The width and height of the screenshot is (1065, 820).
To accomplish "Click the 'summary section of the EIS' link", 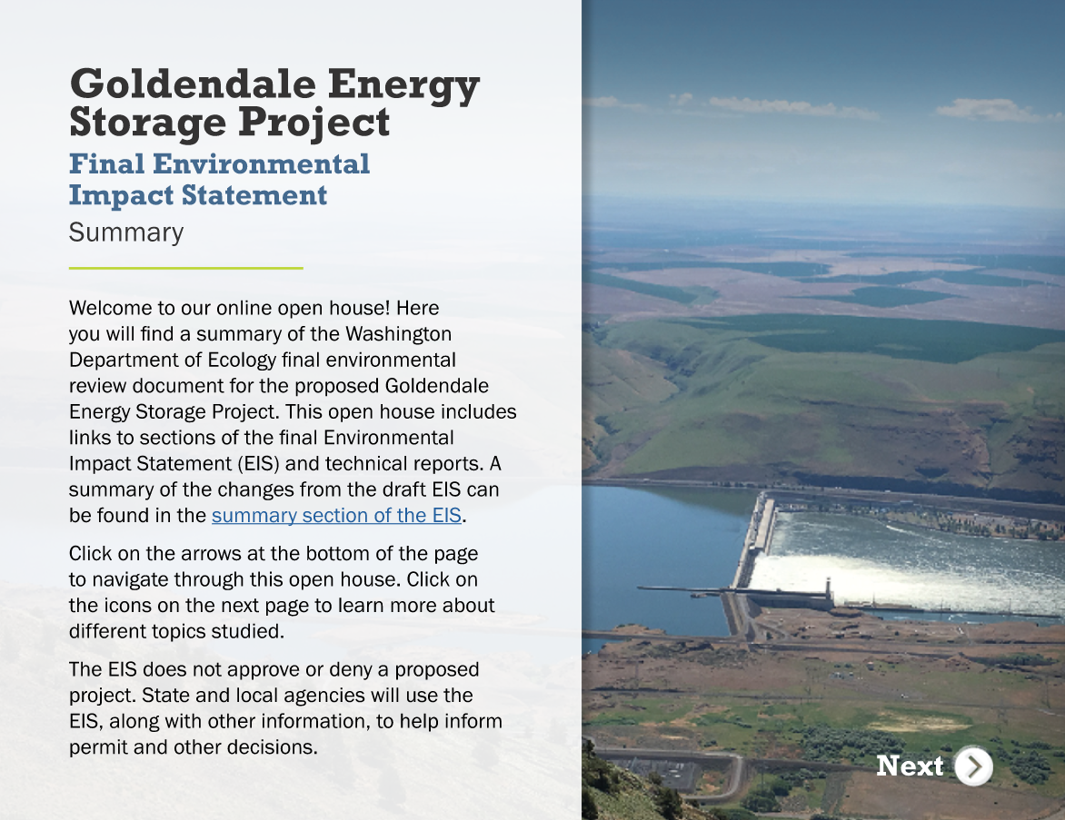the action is [x=336, y=516].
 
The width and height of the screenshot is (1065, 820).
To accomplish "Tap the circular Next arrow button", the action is [x=974, y=766].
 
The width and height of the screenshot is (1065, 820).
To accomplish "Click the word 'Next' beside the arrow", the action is [x=910, y=766].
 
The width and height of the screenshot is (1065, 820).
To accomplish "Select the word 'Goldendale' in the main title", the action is [x=193, y=84].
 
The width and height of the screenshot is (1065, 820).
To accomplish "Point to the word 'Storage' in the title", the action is [x=147, y=123].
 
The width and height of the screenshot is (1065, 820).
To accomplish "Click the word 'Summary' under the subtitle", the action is [x=126, y=232].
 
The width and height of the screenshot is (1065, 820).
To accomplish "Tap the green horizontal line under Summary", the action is [x=185, y=268].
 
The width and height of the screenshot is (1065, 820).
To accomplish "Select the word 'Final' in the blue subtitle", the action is [x=106, y=163].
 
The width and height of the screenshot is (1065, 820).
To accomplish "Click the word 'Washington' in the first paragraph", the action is [x=399, y=334].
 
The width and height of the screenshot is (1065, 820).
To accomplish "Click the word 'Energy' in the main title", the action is [x=404, y=85].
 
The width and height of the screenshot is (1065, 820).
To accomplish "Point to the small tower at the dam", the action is [x=828, y=589].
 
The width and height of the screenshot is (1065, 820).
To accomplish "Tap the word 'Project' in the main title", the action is [x=314, y=123].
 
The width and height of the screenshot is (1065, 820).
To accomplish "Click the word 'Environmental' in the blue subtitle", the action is [x=262, y=163].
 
